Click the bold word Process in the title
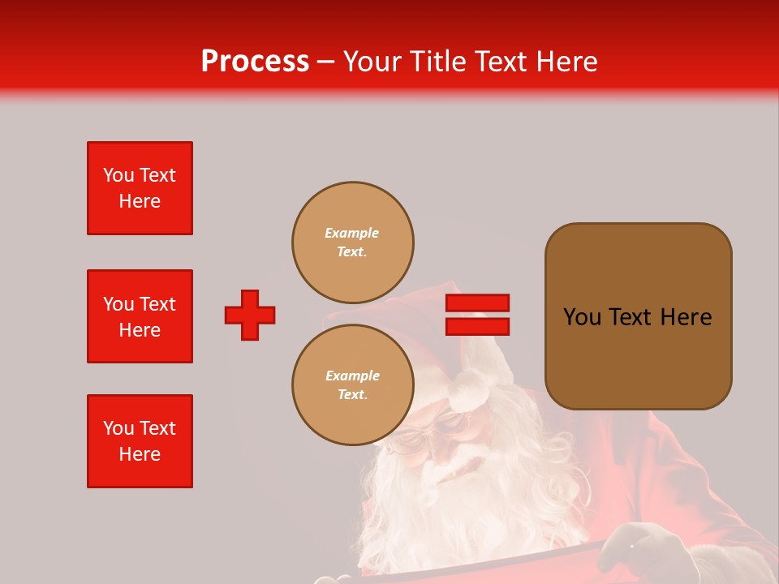click(x=255, y=62)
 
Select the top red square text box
click(x=140, y=188)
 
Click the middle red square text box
click(x=140, y=316)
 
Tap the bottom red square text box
click(x=140, y=441)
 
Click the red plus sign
click(x=250, y=315)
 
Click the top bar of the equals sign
click(x=477, y=303)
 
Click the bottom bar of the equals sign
click(x=477, y=326)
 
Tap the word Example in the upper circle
click(x=351, y=233)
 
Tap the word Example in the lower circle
click(x=352, y=376)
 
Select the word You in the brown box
click(x=582, y=317)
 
